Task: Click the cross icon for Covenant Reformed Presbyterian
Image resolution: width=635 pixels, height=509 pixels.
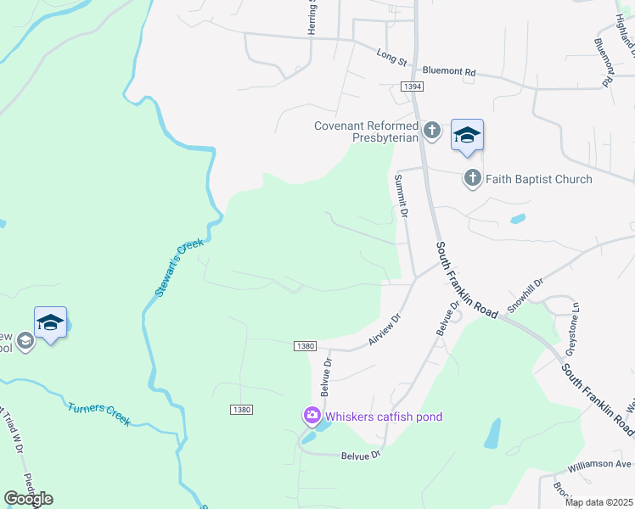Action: coord(431,131)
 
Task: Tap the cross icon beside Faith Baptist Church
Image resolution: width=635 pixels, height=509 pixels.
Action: coord(472,179)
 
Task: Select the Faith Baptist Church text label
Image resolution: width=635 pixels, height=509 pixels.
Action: coord(539,179)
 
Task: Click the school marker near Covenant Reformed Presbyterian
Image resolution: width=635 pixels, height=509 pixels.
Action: coord(467,136)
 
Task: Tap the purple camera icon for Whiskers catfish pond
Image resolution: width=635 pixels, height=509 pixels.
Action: coord(312,416)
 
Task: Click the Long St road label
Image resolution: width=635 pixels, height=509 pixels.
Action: coord(392,58)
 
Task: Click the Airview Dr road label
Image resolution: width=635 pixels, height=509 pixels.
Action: coord(384,327)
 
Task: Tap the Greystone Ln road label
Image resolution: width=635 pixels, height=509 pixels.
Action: coord(573,330)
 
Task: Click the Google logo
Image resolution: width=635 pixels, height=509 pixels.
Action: coord(28,499)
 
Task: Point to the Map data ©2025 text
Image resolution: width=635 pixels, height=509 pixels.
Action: coord(598,502)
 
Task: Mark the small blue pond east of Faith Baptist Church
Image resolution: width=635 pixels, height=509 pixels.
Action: coord(517,219)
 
